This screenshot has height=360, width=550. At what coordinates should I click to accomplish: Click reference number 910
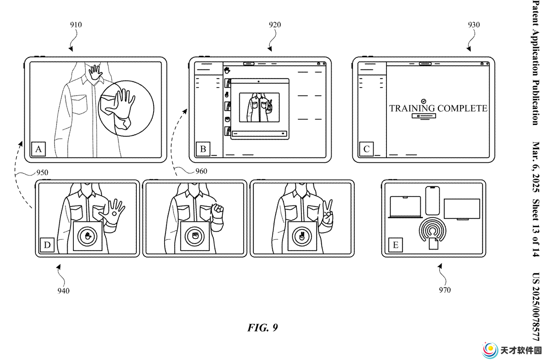76,25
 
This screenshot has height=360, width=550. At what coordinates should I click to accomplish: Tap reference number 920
275,25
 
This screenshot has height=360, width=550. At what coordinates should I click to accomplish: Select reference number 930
474,25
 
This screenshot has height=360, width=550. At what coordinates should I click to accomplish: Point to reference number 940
63,291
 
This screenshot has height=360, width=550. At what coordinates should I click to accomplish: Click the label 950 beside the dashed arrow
42,172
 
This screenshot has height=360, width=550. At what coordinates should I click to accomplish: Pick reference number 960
201,171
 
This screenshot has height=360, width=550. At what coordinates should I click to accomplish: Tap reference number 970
445,290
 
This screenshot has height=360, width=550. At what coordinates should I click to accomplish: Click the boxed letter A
39,149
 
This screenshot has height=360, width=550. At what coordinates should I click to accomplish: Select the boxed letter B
203,149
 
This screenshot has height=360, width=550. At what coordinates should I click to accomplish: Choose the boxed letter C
367,149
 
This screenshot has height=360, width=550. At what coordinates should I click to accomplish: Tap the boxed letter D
47,245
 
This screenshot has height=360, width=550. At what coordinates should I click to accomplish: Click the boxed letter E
396,245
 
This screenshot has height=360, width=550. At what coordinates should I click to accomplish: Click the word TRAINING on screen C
412,109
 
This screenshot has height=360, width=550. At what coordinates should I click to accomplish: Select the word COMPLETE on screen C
462,109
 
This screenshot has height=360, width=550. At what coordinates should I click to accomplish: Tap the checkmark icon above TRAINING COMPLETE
424,101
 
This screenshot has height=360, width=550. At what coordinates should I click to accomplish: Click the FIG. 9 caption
262,328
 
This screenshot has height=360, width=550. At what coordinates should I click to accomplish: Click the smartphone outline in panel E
432,201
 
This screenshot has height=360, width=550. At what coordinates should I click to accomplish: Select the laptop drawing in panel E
405,207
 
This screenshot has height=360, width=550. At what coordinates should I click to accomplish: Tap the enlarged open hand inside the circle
121,105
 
